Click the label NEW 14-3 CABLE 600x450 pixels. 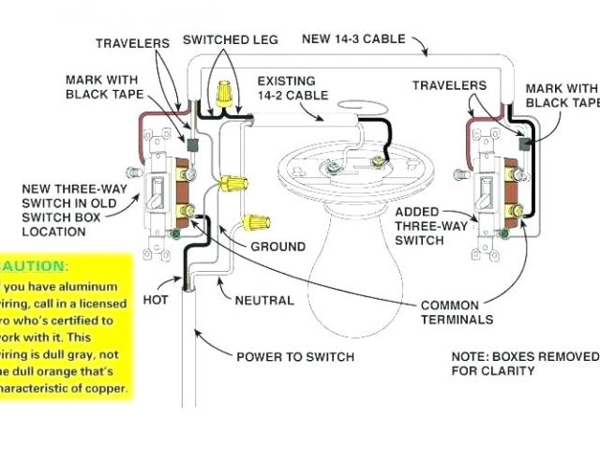[352, 39]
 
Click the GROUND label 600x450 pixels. [277, 247]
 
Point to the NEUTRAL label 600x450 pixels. [264, 300]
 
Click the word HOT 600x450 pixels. [155, 300]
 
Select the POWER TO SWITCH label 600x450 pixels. [294, 356]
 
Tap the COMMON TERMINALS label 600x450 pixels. [457, 312]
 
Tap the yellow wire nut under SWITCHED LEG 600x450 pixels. [224, 92]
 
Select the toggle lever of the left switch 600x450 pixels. [157, 195]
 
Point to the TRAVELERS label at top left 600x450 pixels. [132, 43]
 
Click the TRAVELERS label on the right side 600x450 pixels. [449, 85]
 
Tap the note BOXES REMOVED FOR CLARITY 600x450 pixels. [523, 364]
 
